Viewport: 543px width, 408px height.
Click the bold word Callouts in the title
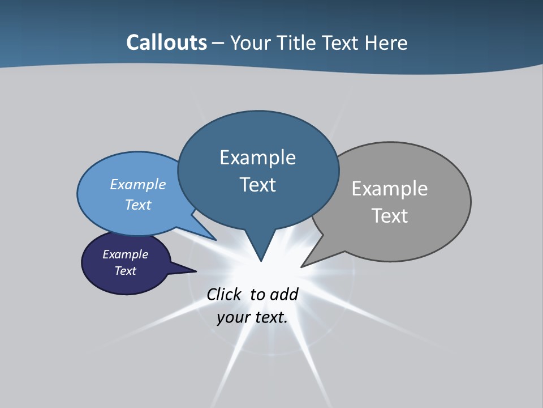tap(166, 42)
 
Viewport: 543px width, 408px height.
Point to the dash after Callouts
tap(218, 43)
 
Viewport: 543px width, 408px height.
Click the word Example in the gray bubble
tap(390, 188)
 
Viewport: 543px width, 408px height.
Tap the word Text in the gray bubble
tap(390, 215)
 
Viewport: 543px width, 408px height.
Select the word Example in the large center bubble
tap(257, 157)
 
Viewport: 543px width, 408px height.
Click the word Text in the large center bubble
tap(257, 184)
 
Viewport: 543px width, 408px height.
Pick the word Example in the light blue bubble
tap(137, 184)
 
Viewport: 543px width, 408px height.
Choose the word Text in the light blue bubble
tap(137, 205)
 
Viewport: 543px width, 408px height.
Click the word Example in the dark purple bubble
tap(125, 254)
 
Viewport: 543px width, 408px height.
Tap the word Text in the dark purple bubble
tap(125, 271)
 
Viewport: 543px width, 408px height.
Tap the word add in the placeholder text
tap(284, 294)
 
